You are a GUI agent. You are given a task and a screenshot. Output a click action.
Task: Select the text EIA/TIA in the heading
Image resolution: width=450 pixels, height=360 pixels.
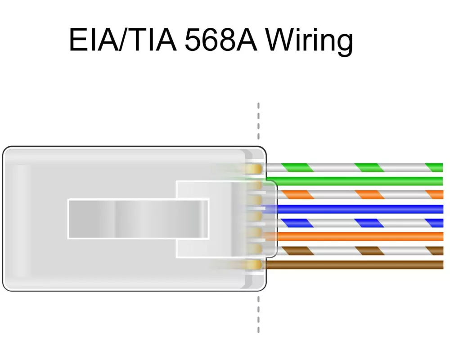(x=122, y=40)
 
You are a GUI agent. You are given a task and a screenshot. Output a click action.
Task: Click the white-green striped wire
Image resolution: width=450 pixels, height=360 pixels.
(x=355, y=167)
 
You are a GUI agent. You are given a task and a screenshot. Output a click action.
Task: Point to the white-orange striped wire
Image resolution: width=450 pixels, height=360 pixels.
(x=360, y=195)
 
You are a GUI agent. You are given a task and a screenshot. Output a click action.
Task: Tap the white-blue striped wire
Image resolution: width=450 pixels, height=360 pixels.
(x=360, y=223)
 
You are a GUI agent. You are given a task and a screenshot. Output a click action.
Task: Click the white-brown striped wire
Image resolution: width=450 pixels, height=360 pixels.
(x=360, y=251)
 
